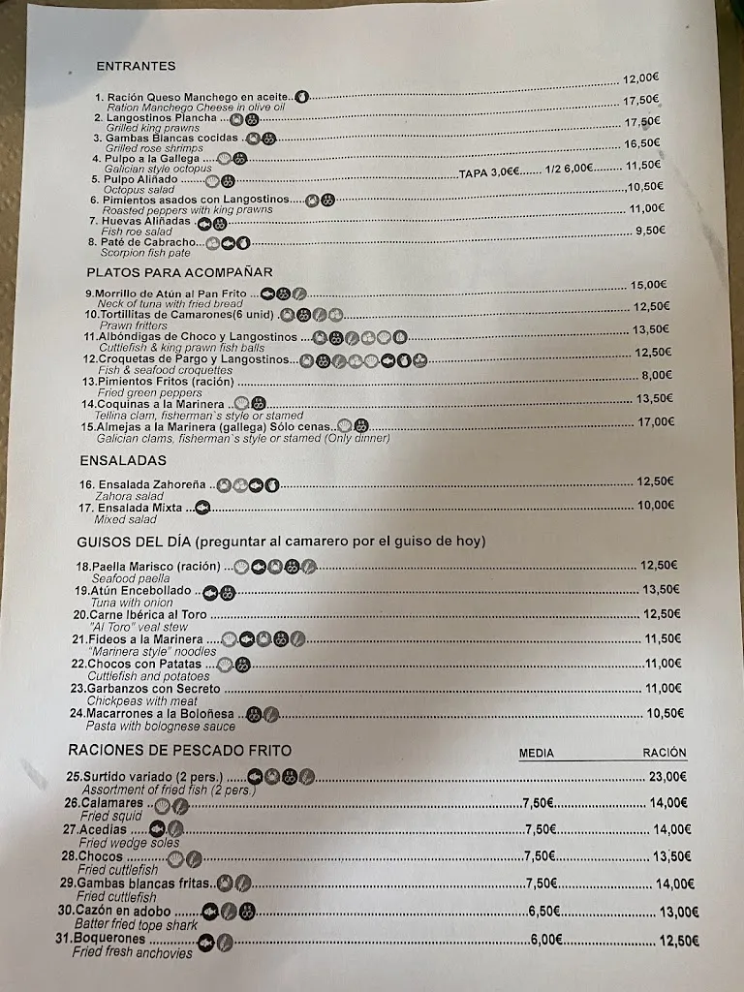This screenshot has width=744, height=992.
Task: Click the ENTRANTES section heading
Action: point(136,66)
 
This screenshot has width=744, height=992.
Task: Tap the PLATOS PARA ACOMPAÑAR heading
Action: point(179,272)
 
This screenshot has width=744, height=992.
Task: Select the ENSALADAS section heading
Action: point(123,460)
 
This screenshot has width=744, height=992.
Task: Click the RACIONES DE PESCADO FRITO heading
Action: point(179,750)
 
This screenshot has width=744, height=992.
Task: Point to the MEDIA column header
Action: point(537,753)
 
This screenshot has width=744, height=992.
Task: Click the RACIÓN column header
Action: point(664,752)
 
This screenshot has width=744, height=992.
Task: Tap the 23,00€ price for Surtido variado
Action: point(667,776)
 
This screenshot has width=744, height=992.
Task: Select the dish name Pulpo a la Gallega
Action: point(154,159)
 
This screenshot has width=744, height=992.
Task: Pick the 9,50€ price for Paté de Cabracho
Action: point(650,231)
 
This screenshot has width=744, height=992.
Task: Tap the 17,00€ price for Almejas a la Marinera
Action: point(656,421)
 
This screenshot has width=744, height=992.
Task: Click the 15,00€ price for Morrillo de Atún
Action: point(648,285)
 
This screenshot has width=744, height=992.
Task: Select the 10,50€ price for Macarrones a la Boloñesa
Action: point(665,712)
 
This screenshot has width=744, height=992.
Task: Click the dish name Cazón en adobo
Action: point(127,912)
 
